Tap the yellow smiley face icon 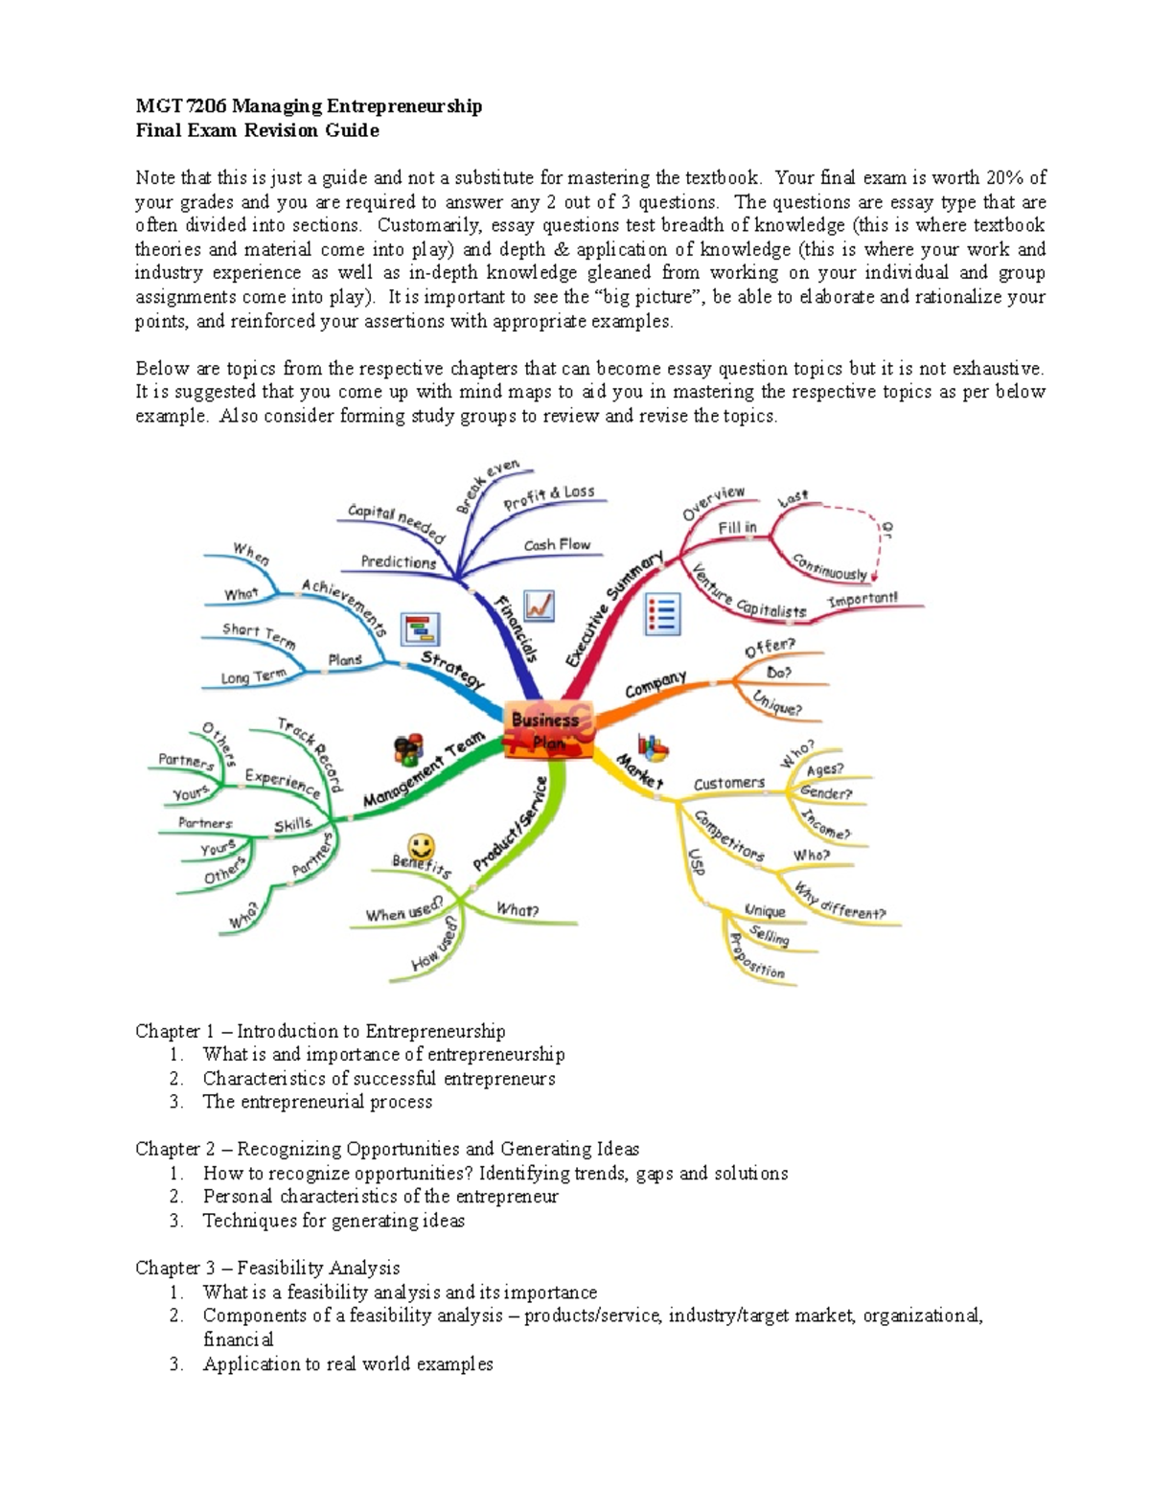tap(421, 847)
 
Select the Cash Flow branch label tap(557, 544)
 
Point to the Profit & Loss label tap(549, 496)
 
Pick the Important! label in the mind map tap(862, 599)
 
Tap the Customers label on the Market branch tap(729, 783)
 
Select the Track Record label tap(310, 754)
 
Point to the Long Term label tap(253, 676)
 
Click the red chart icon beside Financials tap(540, 606)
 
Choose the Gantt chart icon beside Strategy tap(420, 629)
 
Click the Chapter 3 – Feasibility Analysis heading tap(267, 1268)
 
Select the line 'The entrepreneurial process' tap(317, 1102)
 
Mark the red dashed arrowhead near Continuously tap(875, 575)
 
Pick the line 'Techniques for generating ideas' tap(333, 1221)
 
